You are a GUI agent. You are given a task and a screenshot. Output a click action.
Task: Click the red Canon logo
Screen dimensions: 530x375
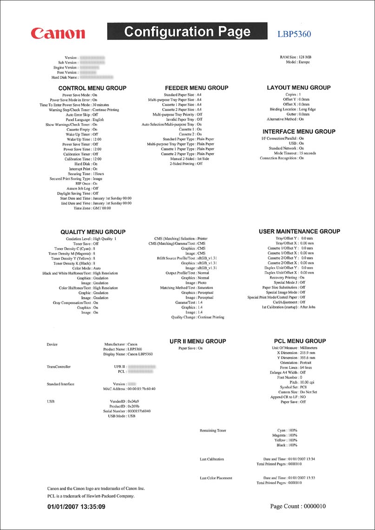[x=58, y=33]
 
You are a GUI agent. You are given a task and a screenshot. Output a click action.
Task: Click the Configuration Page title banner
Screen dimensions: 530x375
[x=187, y=32]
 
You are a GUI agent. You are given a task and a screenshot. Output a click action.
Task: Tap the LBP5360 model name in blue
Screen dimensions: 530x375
[x=294, y=34]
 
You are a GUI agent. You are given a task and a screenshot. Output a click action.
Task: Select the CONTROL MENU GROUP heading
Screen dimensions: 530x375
[x=92, y=88]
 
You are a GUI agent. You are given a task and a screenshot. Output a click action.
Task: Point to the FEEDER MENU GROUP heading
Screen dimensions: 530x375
[x=197, y=88]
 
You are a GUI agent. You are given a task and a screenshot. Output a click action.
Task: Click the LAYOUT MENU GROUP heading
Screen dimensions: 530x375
[x=299, y=87]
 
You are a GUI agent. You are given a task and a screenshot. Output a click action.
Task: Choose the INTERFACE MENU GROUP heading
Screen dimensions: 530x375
[x=299, y=131]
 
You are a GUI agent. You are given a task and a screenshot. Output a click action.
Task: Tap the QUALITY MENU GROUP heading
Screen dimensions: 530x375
[x=93, y=232]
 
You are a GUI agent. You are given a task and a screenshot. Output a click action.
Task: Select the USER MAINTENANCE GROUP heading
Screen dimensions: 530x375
[x=299, y=231]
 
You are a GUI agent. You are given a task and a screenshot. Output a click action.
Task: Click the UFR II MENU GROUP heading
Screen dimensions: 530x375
[x=197, y=341]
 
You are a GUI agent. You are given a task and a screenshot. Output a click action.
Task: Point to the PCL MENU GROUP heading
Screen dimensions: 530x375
[x=300, y=341]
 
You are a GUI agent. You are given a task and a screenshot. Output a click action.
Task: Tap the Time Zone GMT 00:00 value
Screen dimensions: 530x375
[x=102, y=209]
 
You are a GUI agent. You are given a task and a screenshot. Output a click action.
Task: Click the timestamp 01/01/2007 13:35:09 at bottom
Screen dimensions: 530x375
[x=76, y=506]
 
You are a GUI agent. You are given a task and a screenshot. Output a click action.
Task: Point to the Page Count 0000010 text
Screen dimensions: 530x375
[x=298, y=506]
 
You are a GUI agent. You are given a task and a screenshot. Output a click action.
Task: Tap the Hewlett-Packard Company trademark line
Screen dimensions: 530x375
[x=91, y=496]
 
